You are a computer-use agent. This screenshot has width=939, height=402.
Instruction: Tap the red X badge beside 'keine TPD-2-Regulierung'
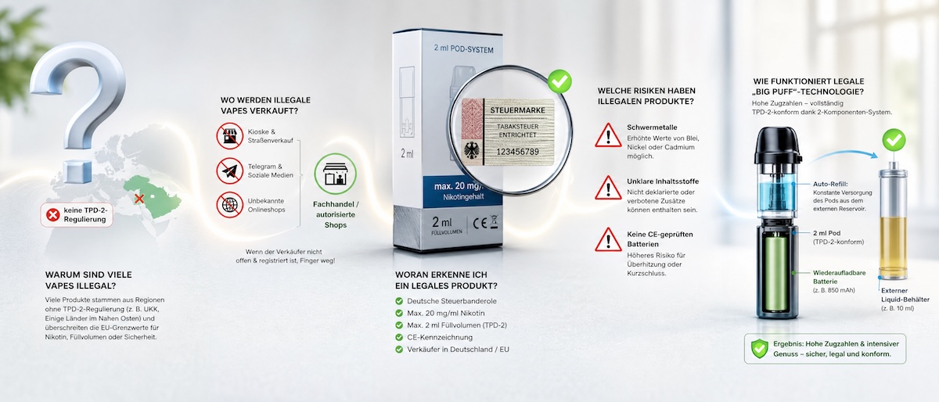[53, 215]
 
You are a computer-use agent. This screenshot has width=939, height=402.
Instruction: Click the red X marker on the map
[139, 199]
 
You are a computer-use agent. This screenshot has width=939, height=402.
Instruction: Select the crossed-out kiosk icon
[230, 136]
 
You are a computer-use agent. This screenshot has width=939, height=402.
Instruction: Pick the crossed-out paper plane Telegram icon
[230, 170]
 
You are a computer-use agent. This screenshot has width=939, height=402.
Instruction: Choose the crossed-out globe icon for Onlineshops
[230, 205]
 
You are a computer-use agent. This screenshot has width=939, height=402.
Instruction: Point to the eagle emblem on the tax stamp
[472, 150]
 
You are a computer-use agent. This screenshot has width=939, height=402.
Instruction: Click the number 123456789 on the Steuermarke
[518, 152]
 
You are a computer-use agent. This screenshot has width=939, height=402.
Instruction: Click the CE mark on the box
[480, 224]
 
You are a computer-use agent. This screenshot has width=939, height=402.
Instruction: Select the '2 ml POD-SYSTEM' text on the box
[463, 49]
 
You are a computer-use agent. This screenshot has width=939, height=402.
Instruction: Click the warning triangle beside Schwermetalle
[608, 135]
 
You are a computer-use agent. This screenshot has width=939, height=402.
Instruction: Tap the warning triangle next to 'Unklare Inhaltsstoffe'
[608, 188]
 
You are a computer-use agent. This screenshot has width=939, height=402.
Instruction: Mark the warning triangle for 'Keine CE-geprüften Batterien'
[608, 240]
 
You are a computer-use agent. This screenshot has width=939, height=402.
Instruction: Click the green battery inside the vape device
[776, 275]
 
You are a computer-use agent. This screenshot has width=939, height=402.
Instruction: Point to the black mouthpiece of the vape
[778, 146]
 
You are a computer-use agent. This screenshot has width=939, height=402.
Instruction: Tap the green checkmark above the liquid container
[894, 140]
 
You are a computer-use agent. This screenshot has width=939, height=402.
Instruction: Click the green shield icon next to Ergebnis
[759, 349]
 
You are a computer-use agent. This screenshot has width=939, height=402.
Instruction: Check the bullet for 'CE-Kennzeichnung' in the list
[399, 337]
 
